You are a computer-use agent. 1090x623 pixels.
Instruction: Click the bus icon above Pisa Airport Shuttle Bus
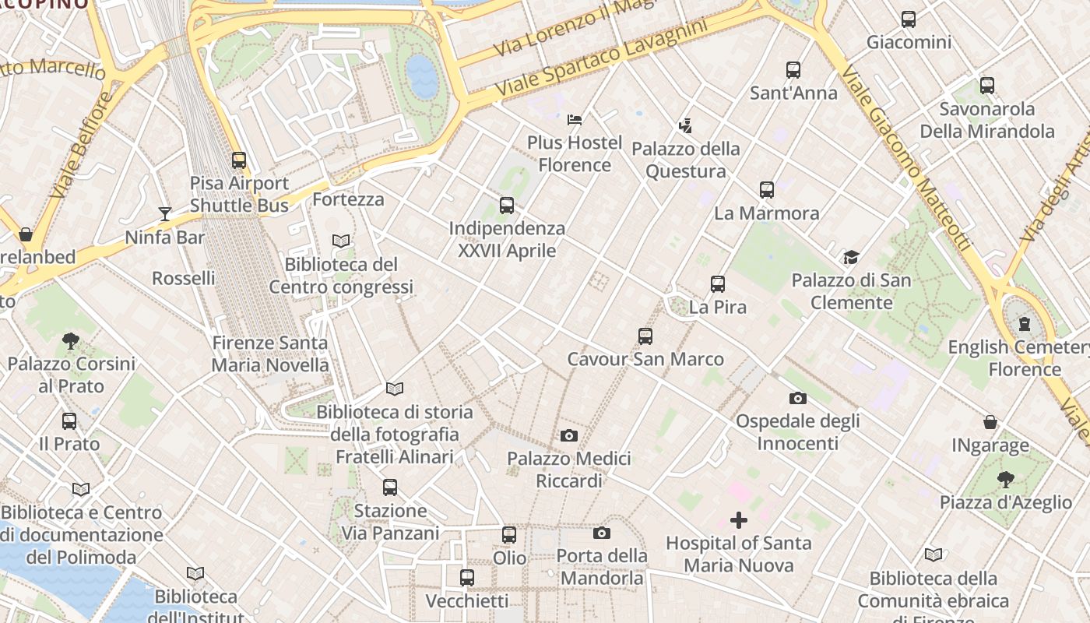[239, 160]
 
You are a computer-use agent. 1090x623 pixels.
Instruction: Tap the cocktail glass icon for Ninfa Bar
[164, 213]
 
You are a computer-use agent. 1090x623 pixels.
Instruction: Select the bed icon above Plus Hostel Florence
[575, 119]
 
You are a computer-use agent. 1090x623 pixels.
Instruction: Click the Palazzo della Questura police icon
[685, 125]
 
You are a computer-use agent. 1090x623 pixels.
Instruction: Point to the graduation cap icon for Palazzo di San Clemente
[851, 257]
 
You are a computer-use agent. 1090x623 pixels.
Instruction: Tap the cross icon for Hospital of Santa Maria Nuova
[738, 520]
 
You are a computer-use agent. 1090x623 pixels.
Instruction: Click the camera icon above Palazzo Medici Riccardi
[569, 435]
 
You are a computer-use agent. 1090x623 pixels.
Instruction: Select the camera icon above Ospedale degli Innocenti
[797, 398]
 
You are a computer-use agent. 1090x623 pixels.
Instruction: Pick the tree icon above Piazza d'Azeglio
[1005, 479]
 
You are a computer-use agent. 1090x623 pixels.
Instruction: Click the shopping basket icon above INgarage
[990, 422]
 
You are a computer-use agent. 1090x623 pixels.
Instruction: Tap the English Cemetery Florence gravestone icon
[1025, 323]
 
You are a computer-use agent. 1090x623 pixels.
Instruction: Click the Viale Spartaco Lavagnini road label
[602, 59]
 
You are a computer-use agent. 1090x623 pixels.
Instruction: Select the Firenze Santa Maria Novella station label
[270, 354]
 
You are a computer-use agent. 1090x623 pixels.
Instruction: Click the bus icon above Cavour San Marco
[645, 336]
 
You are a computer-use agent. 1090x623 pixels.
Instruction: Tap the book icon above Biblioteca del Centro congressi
[341, 241]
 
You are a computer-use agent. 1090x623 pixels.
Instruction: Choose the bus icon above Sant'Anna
[793, 70]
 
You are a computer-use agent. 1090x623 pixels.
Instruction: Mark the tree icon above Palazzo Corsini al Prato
[71, 340]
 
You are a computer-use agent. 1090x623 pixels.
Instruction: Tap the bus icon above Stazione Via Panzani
[390, 487]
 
